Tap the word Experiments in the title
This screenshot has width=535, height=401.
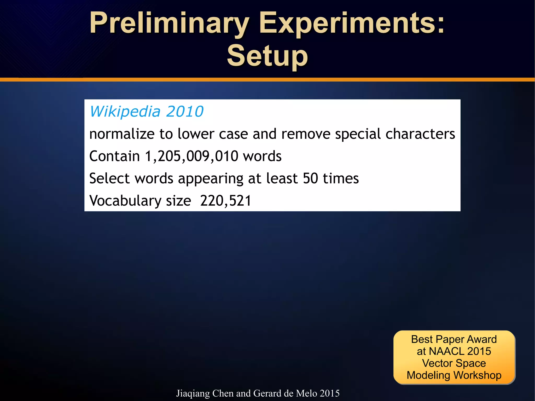351,24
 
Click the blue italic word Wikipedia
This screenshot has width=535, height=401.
125,112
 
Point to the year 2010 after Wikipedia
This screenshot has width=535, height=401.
185,112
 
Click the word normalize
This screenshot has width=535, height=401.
122,134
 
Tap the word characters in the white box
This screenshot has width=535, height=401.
420,134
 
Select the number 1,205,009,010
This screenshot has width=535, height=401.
191,156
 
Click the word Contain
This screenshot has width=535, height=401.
115,156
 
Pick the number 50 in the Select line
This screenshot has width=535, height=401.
310,178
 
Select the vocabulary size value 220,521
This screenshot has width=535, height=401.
226,201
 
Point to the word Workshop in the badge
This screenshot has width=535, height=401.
477,375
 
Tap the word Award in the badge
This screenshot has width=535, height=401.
481,339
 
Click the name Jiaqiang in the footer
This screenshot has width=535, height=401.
193,393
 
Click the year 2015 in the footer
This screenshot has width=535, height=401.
330,393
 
